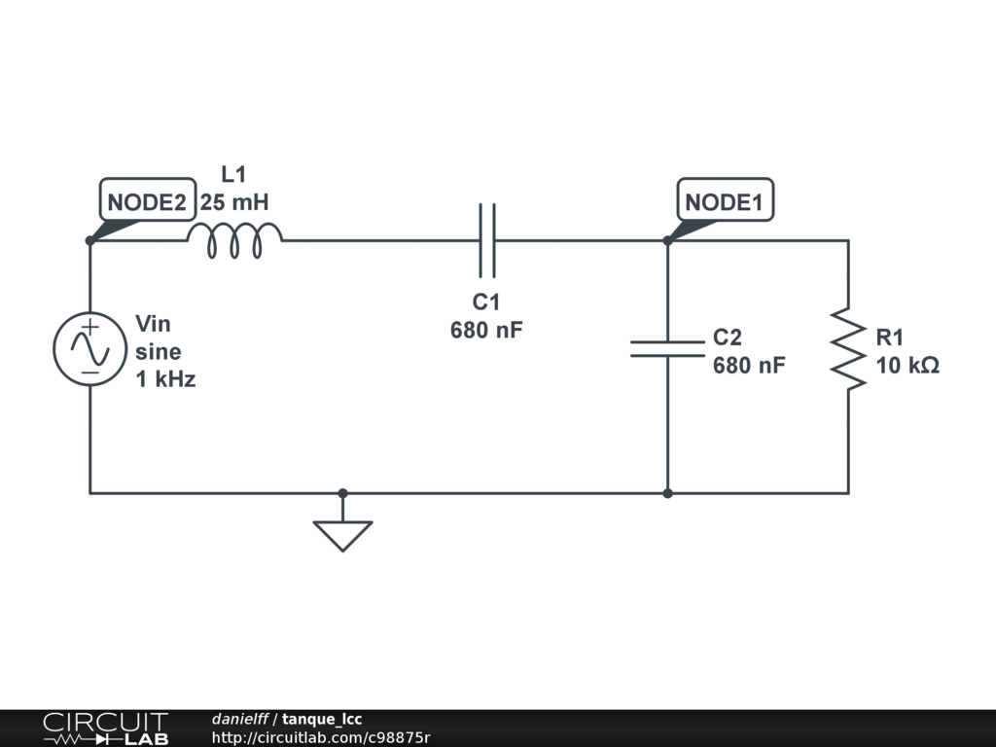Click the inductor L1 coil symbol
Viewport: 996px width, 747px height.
coord(234,240)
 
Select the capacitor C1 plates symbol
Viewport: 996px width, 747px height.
coord(486,240)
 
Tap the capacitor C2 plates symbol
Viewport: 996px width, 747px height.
coord(667,349)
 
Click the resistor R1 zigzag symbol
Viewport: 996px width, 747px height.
coord(848,349)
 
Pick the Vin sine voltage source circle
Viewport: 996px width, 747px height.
coord(89,349)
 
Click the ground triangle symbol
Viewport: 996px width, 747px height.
coord(342,534)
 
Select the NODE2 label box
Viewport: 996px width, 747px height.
coord(147,202)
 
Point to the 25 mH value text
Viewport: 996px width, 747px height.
coord(234,202)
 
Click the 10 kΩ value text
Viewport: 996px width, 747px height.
coord(907,366)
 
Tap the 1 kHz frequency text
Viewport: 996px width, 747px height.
coord(165,379)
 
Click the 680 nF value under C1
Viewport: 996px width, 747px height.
coord(486,330)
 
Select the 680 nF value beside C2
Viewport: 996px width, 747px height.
coord(749,366)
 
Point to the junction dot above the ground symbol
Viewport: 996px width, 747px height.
coord(342,493)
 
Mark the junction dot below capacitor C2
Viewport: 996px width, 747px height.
coord(667,493)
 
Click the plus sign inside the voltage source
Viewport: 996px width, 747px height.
coord(89,329)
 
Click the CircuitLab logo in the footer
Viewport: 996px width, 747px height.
coord(105,729)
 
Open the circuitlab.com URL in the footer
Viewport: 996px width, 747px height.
coord(320,737)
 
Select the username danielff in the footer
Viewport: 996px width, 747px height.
coord(240,719)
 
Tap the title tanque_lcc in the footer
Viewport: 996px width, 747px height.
coord(322,719)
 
